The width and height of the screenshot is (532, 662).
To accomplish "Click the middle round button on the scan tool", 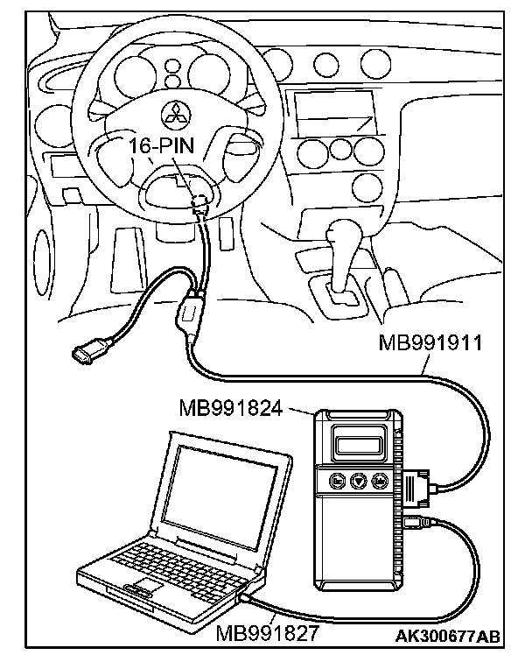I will (358, 480).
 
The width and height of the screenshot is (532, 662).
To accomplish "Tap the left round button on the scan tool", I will (337, 480).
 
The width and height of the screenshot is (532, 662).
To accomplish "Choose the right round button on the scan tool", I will (379, 480).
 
